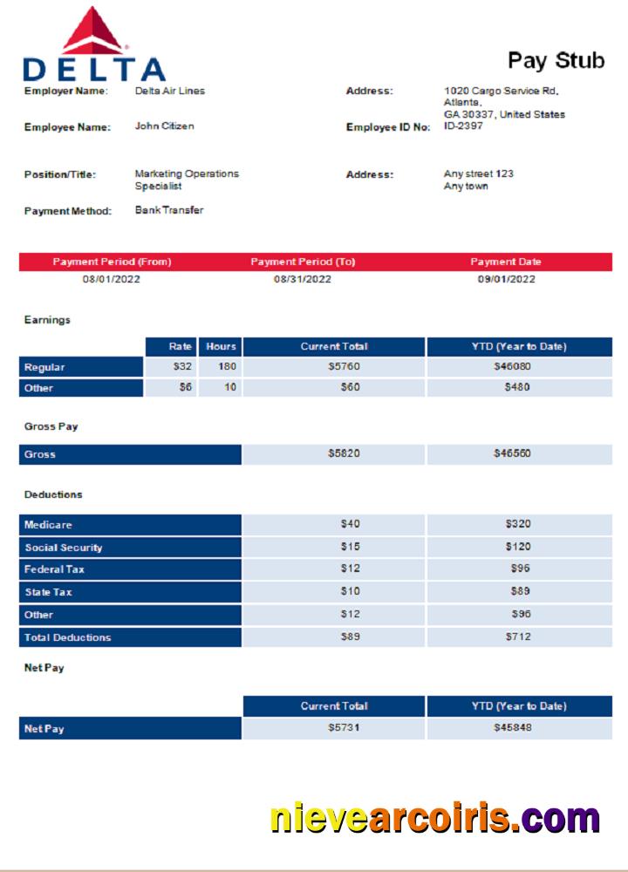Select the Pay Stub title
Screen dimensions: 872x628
[x=556, y=60]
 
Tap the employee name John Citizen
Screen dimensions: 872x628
[x=164, y=126]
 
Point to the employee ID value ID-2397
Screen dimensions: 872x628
[x=463, y=126]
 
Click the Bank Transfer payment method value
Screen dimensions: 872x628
[x=169, y=210]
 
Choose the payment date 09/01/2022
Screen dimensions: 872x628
[x=506, y=279]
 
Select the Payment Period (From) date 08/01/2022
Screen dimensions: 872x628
[x=112, y=279]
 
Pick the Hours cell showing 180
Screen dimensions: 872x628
[x=226, y=367]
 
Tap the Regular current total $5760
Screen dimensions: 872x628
[x=344, y=367]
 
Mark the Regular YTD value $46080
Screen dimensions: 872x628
[x=518, y=367]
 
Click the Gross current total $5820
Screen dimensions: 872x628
[x=344, y=454]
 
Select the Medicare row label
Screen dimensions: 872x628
[x=48, y=525]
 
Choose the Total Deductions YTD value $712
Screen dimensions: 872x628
[x=518, y=637]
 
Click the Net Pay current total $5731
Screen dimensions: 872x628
[x=344, y=728]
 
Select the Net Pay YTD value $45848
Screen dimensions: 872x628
[x=518, y=728]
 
